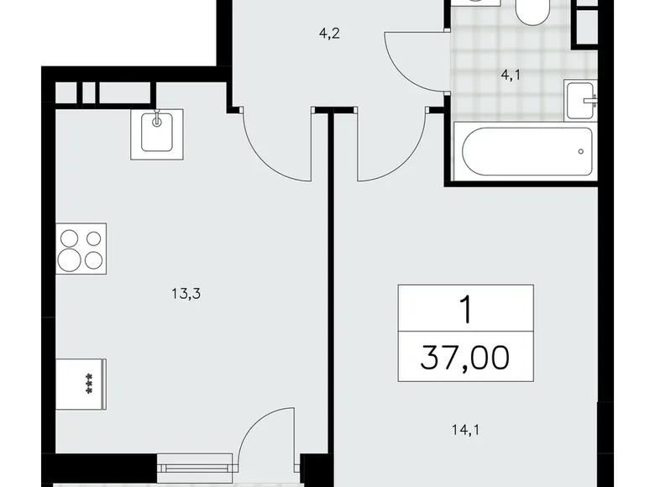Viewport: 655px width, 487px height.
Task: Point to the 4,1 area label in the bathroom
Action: click(x=511, y=75)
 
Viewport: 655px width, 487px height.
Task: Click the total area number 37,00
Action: click(x=465, y=359)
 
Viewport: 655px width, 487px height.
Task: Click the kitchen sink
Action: click(x=157, y=134)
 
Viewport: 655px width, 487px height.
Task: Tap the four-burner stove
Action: click(x=81, y=249)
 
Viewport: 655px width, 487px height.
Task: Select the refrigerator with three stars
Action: click(x=81, y=383)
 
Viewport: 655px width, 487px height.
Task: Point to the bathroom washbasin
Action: click(x=581, y=102)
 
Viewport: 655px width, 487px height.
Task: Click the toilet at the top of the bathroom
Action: click(x=530, y=11)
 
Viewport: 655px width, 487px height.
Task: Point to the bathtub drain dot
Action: click(x=580, y=152)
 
